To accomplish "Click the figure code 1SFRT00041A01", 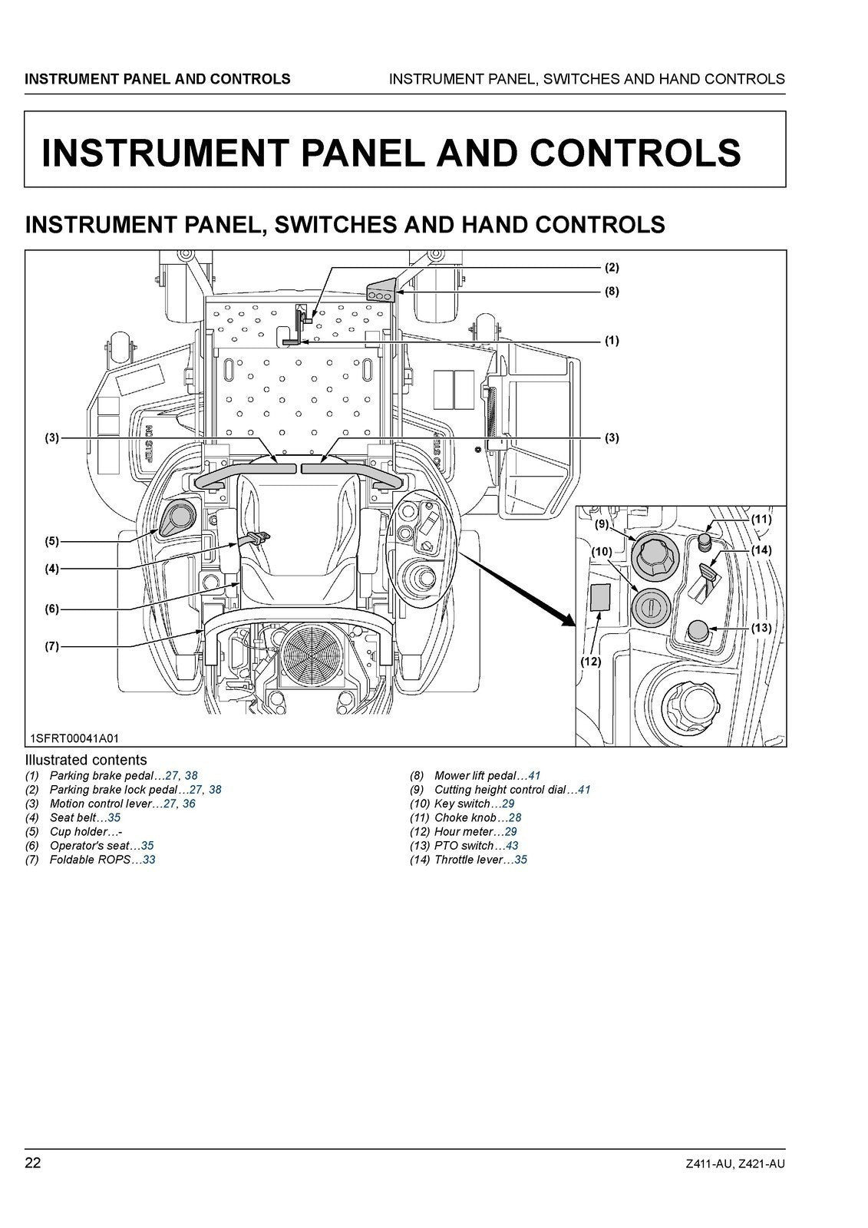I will pos(74,738).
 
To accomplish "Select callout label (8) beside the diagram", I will pos(611,292).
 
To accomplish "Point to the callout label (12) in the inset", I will pos(590,661).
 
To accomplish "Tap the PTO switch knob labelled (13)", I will pos(698,631).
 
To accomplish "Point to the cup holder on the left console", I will pos(178,517).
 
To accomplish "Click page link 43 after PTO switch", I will pos(512,846).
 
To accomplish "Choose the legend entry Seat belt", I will pos(73,818).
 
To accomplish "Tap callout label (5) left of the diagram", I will pos(51,541).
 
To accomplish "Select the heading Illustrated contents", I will pos(86,761).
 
